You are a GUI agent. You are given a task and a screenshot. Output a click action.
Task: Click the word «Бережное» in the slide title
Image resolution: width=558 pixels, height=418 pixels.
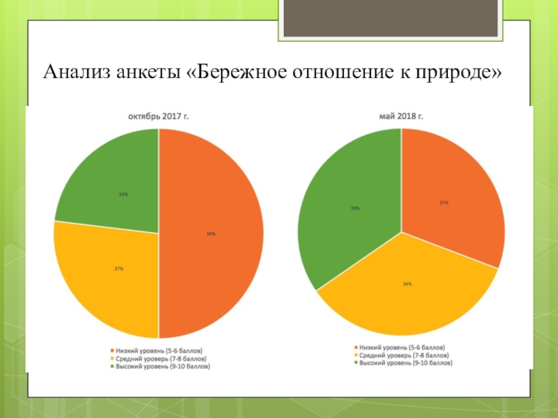click(x=234, y=72)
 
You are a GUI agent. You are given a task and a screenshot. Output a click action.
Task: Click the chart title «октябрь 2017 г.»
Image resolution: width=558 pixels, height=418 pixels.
click(x=158, y=117)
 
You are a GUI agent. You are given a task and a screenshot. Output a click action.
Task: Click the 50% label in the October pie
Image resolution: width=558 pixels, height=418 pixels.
click(x=211, y=234)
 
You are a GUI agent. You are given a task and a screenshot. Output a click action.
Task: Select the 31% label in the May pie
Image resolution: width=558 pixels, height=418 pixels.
click(x=444, y=203)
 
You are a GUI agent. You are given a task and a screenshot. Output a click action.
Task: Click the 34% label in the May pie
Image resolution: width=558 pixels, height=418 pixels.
click(x=407, y=284)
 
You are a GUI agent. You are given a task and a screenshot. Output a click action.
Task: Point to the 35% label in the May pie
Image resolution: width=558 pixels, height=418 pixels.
click(x=356, y=208)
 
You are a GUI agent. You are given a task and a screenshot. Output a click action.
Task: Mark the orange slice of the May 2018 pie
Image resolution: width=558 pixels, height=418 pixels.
click(x=453, y=188)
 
